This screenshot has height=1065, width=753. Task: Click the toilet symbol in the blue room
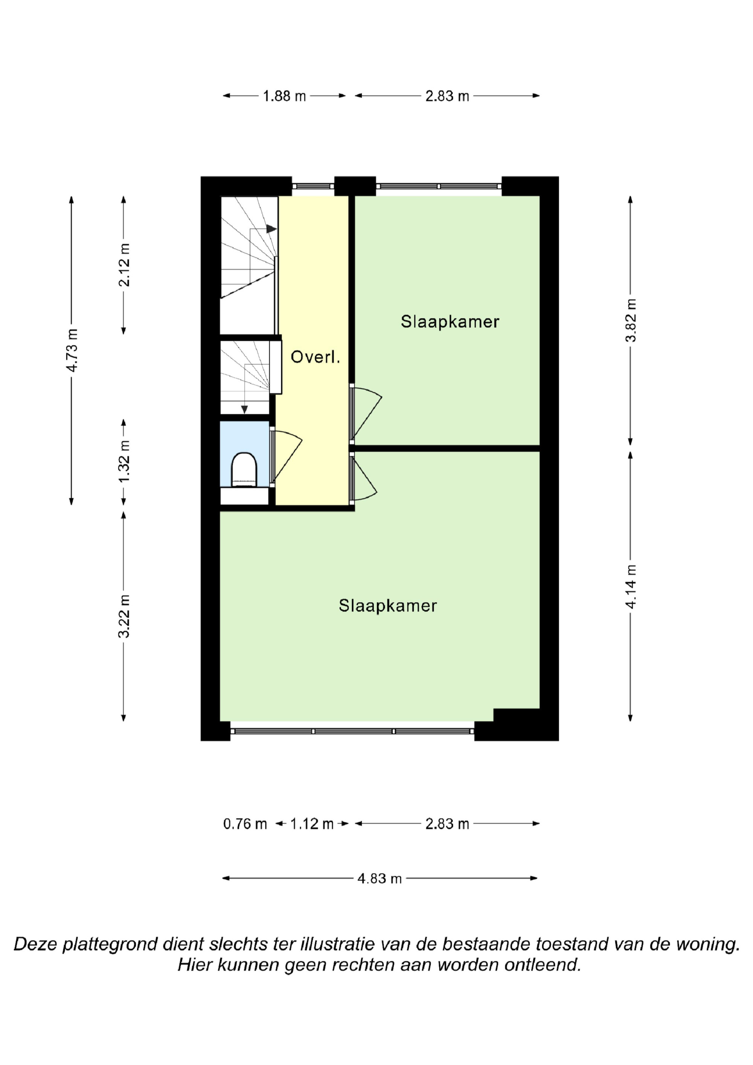[x=244, y=469]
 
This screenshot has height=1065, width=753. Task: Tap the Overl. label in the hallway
[x=316, y=357]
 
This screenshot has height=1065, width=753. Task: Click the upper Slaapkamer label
[x=450, y=321]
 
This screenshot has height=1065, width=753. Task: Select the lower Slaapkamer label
[x=388, y=605]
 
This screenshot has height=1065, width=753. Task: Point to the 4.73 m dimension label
[x=72, y=350]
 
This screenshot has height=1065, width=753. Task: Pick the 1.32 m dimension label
[x=124, y=461]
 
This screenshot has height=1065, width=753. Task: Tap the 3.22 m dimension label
[x=124, y=616]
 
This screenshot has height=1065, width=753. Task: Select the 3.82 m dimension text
[x=631, y=320]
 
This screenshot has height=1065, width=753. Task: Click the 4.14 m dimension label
[x=631, y=587]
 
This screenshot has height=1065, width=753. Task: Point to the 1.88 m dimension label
[x=284, y=96]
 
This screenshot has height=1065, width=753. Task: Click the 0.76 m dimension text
[x=245, y=824]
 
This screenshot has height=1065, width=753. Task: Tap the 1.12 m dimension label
[x=312, y=824]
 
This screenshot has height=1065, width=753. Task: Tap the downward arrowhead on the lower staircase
[x=244, y=410]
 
